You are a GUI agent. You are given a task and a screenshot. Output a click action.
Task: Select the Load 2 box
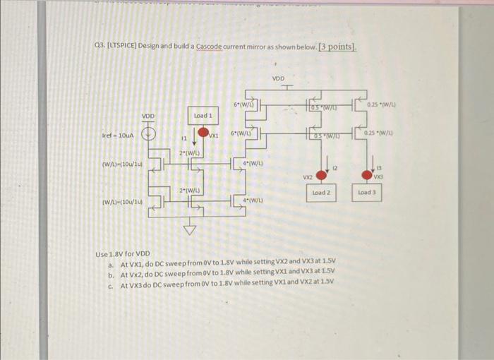(321, 192)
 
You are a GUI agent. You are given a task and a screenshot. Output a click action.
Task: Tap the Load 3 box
(368, 192)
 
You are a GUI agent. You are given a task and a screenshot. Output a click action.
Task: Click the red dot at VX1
(203, 133)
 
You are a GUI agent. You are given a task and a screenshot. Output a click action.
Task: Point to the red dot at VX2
(322, 174)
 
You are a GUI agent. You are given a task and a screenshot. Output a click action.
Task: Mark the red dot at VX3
(368, 174)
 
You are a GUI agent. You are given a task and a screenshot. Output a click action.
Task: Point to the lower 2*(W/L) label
(188, 191)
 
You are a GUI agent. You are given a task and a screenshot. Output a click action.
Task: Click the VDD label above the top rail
(278, 78)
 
